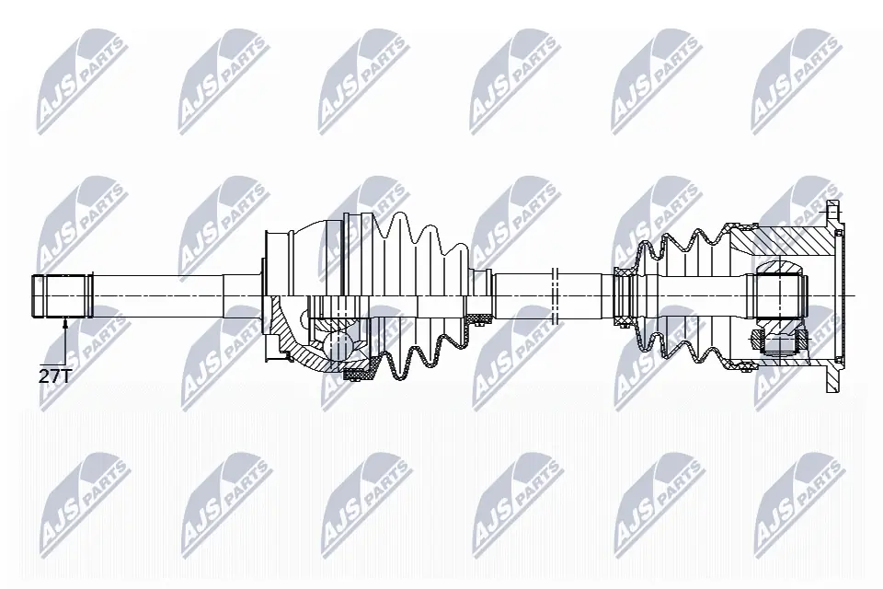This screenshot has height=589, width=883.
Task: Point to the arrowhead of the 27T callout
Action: point(65,321)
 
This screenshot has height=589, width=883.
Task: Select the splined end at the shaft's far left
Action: point(63,295)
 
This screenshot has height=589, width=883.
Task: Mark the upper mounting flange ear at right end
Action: point(833,216)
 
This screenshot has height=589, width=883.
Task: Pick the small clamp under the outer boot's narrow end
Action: point(478,319)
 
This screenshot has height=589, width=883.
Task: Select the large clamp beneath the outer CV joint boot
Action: point(355,374)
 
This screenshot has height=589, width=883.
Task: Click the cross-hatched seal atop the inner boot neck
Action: point(625,271)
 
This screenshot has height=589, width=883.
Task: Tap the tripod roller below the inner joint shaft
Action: point(778,343)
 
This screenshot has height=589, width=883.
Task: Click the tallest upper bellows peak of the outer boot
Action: point(402,221)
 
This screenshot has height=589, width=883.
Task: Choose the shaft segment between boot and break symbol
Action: point(520,295)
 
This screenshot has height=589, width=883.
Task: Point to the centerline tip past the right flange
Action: point(854,295)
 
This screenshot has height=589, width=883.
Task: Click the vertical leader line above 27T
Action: point(65,345)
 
